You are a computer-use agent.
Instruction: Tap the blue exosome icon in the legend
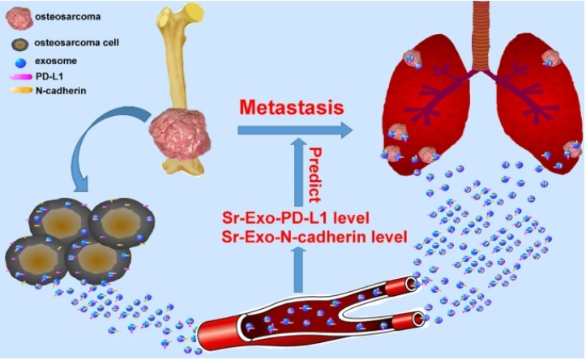(x=22, y=62)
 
